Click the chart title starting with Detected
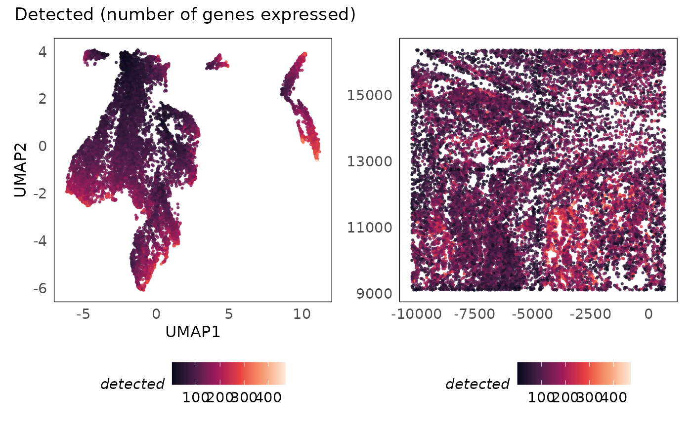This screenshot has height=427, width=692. click(x=185, y=15)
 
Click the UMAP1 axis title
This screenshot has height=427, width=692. click(x=193, y=332)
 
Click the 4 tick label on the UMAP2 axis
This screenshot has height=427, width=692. click(x=43, y=51)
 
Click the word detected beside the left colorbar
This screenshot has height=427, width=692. click(x=132, y=384)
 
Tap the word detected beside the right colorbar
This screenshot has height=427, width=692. click(x=477, y=384)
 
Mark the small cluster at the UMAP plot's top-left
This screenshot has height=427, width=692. click(x=95, y=55)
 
